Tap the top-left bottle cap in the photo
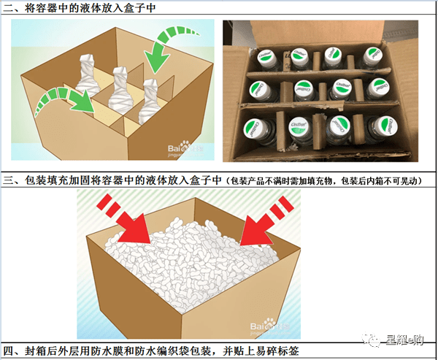266,56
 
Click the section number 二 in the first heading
9,7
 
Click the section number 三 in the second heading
9,180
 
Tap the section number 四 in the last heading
9,351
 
